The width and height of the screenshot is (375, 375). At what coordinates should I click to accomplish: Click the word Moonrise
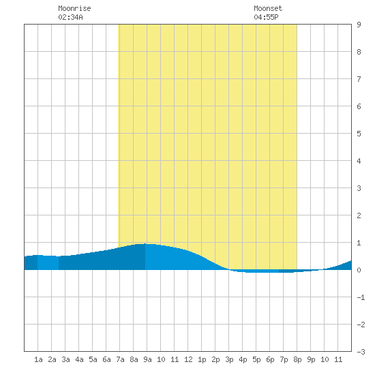click(74, 8)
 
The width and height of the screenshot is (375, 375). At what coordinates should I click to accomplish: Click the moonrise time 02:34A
click(70, 17)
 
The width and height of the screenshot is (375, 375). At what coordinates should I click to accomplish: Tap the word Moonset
click(268, 8)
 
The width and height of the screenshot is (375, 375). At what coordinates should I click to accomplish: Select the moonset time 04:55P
click(266, 17)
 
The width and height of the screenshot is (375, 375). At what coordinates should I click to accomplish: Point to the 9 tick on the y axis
click(359, 25)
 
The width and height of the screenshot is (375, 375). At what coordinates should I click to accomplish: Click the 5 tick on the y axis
click(359, 134)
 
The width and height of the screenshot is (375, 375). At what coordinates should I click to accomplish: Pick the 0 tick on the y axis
click(359, 270)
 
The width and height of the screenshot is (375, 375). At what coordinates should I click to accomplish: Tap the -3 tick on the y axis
click(361, 352)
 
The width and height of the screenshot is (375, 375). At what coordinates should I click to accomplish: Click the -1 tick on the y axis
click(361, 297)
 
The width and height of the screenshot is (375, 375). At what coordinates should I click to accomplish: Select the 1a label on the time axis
click(38, 359)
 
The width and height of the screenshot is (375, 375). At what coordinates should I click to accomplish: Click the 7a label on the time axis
click(120, 359)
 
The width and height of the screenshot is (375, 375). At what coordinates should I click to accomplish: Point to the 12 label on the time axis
click(188, 359)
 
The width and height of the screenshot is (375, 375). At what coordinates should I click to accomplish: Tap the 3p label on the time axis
click(229, 359)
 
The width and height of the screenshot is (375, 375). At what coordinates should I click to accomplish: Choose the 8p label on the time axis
click(297, 359)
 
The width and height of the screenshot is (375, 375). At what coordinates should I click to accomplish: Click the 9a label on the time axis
click(147, 359)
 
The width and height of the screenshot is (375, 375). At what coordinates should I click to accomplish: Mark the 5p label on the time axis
click(256, 359)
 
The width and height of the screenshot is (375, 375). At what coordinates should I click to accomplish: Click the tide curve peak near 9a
click(145, 244)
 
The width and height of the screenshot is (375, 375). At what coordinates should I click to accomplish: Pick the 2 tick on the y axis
click(359, 215)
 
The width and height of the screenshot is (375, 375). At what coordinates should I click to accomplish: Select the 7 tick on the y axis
click(359, 79)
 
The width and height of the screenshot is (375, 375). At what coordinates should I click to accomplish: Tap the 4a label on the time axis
click(79, 359)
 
